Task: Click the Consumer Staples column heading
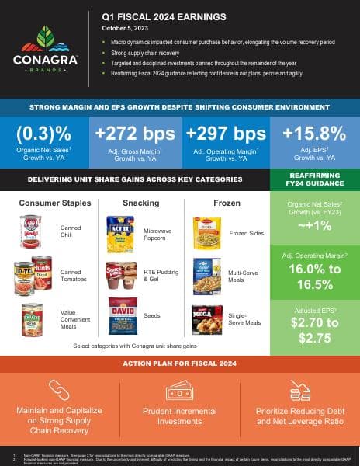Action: [x=55, y=203]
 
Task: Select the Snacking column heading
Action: [x=140, y=203]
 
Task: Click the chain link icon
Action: [x=60, y=389]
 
